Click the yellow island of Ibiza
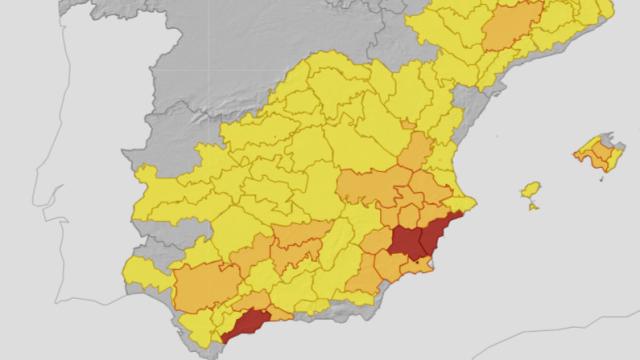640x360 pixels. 531,190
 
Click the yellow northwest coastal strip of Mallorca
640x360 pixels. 588,150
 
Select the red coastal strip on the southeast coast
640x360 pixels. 441,234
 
